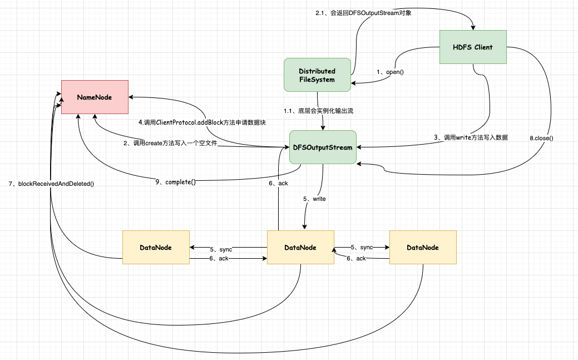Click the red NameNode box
click(x=95, y=97)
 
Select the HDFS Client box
click(x=473, y=47)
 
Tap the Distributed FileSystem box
click(x=317, y=75)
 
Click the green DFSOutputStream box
click(x=323, y=147)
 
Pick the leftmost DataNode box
click(x=156, y=247)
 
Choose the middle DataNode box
click(x=300, y=247)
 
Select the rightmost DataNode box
click(x=423, y=247)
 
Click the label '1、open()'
click(x=391, y=72)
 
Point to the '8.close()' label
click(x=541, y=137)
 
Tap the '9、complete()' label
click(x=176, y=181)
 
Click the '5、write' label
click(x=314, y=198)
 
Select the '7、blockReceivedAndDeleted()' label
click(x=51, y=183)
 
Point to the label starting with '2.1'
click(x=364, y=13)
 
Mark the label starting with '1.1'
click(x=319, y=111)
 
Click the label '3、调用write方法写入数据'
click(x=471, y=137)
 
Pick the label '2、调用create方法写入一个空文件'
click(x=170, y=143)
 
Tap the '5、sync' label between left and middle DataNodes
click(x=221, y=248)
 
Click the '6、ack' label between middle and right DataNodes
click(x=356, y=259)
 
